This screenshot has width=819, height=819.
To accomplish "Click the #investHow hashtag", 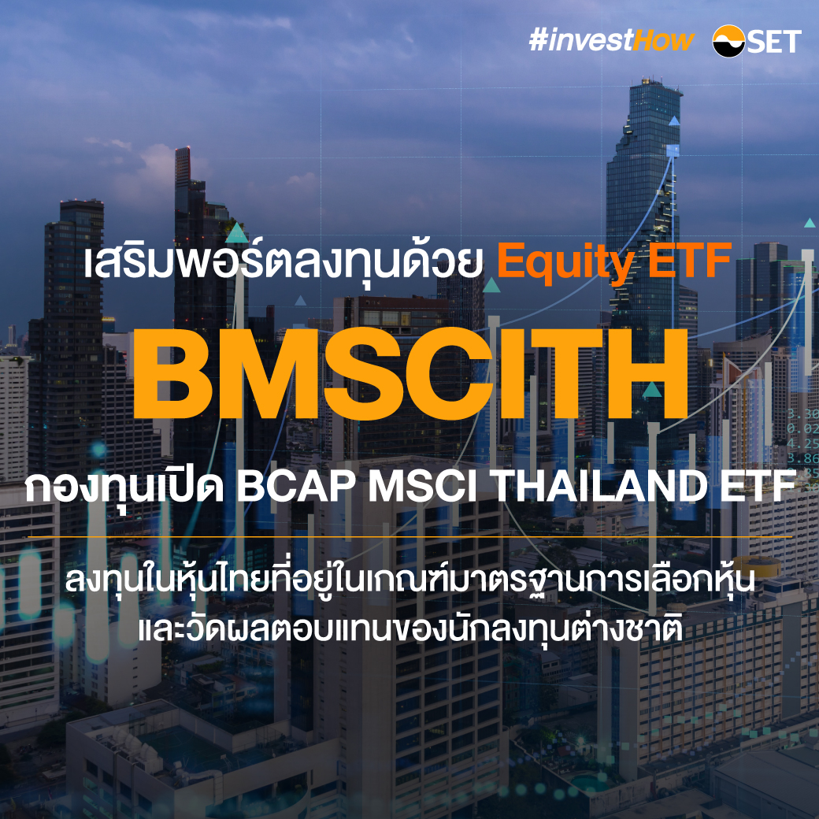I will coord(612,41).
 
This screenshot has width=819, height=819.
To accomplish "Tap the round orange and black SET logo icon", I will coord(728,41).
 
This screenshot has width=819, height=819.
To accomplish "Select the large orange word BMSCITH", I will coord(409,376).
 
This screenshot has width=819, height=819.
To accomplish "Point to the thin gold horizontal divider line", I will coord(409,537).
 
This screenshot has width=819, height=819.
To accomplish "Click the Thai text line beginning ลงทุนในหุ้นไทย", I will coord(409,584).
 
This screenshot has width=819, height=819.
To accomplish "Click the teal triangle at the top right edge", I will coord(809,223).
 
